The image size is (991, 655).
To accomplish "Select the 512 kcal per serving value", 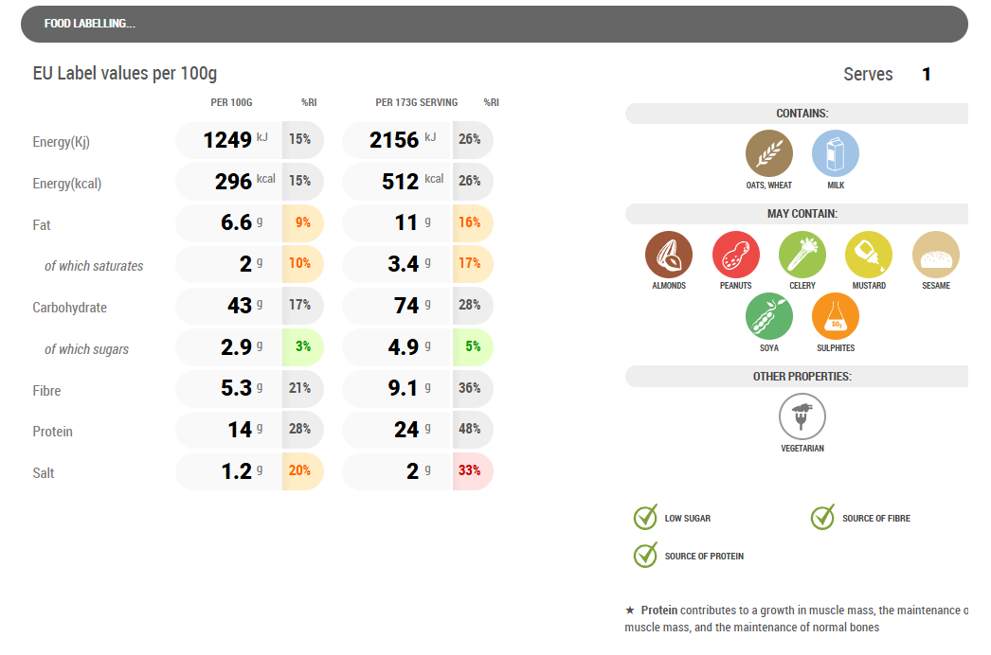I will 401,181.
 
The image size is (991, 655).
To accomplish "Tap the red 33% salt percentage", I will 470,470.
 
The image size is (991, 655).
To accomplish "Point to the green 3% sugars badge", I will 302,346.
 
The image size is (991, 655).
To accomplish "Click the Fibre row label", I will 52,390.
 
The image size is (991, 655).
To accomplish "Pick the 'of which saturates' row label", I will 94,266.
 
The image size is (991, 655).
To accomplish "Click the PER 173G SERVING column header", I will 416,102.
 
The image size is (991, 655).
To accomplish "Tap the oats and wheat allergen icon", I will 769,154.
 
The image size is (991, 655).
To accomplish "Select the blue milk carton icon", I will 836,154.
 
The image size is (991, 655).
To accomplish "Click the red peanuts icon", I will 736,255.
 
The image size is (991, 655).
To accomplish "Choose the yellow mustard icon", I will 869,255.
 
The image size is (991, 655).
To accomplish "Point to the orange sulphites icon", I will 836,317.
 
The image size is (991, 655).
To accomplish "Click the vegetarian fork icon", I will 802,417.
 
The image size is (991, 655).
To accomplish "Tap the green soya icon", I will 769,317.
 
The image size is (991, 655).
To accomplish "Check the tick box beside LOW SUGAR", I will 645,518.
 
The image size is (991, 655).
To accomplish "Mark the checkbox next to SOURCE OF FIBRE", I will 822,518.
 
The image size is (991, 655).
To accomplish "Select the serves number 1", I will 927,75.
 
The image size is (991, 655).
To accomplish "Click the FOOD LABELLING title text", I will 89,24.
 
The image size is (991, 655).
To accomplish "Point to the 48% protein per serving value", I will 470,429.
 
